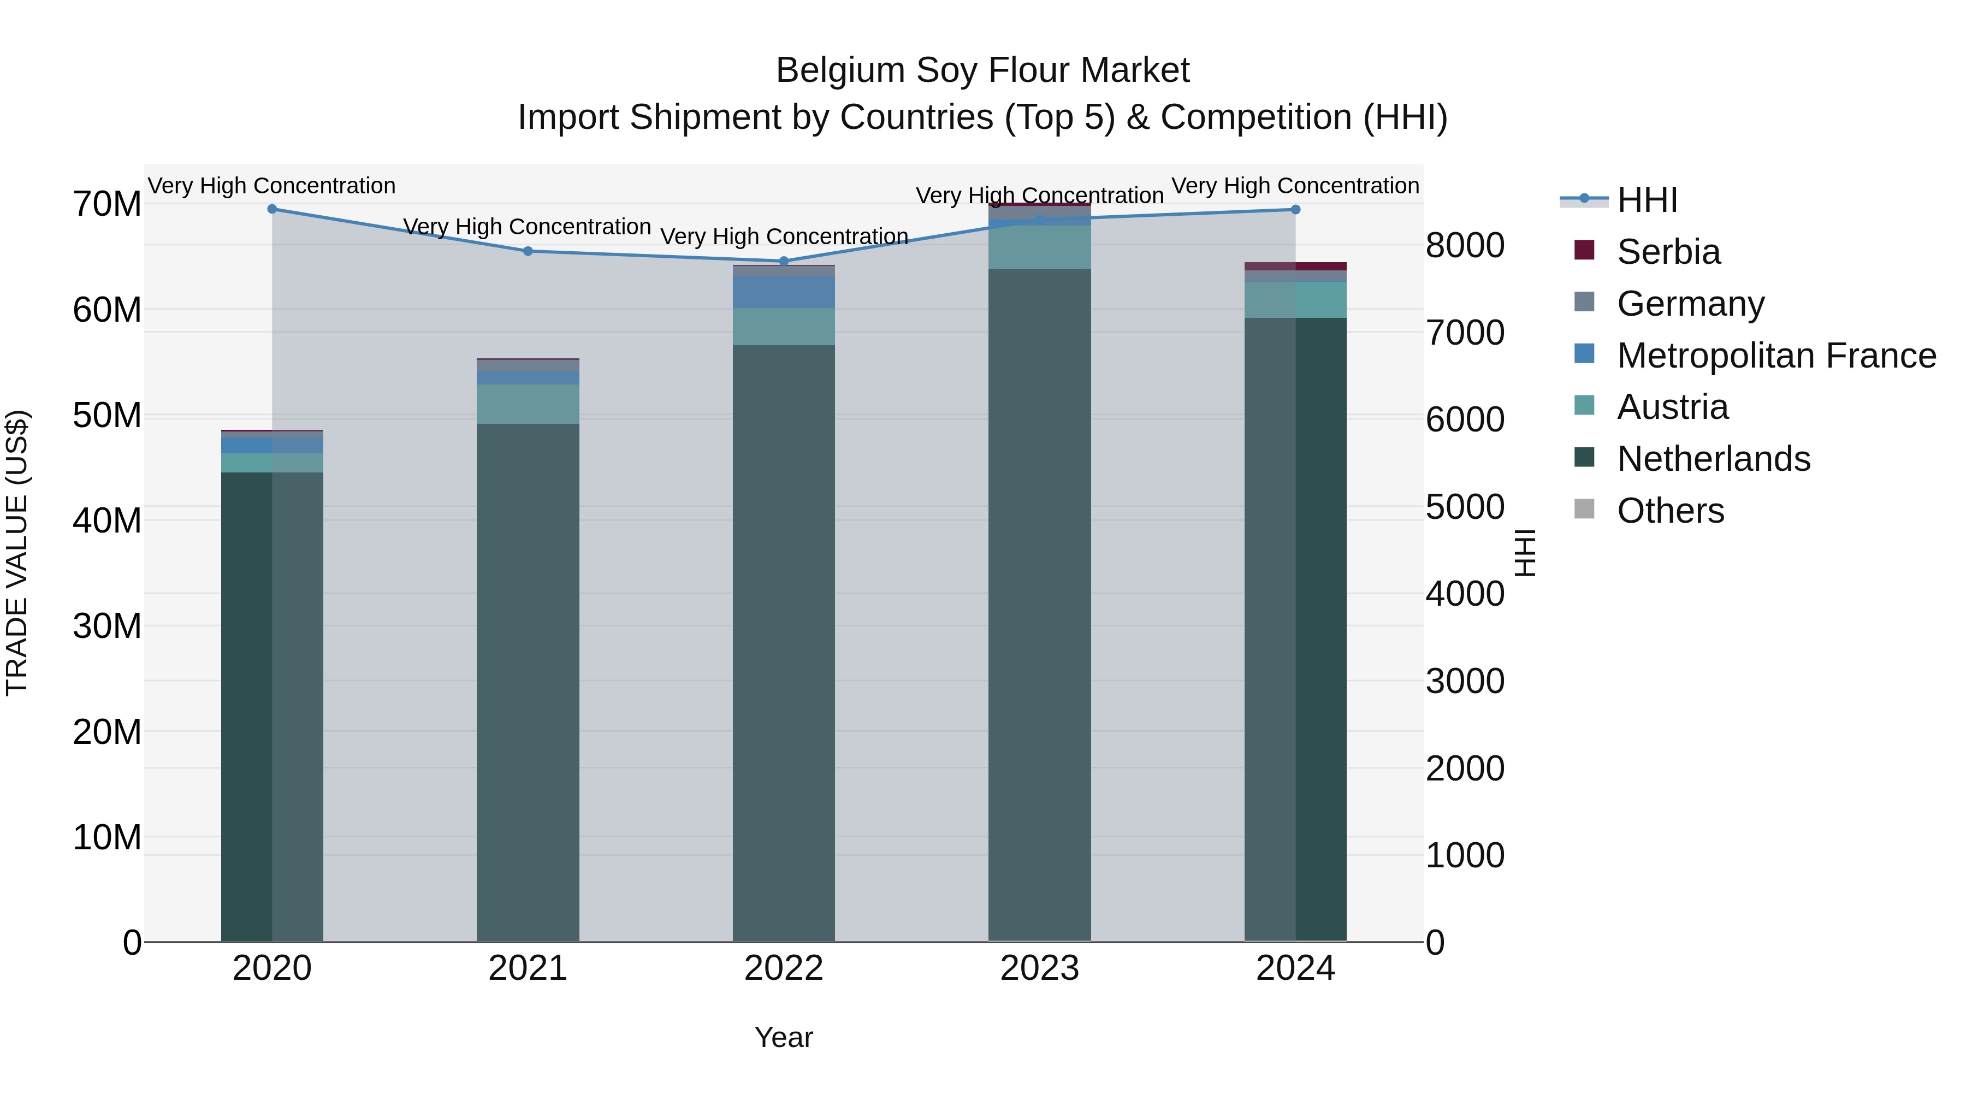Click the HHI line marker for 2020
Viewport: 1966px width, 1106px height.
click(x=272, y=209)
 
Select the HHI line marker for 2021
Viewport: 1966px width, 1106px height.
click(x=528, y=251)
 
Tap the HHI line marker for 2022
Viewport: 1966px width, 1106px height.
click(x=784, y=261)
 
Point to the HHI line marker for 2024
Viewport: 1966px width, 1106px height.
click(x=1295, y=210)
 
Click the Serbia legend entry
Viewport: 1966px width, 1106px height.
click(x=1668, y=252)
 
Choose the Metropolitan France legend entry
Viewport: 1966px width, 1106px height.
click(x=1776, y=356)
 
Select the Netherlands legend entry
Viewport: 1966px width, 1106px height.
click(x=1713, y=459)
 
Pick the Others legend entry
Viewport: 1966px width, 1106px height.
click(x=1670, y=511)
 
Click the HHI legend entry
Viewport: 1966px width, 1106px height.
click(x=1647, y=200)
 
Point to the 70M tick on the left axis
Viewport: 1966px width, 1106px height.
click(x=107, y=205)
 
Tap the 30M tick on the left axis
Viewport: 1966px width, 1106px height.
click(x=107, y=626)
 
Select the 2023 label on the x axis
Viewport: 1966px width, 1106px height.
click(x=1039, y=968)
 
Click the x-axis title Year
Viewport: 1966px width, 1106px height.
click(x=784, y=1037)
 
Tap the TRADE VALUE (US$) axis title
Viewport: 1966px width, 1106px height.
click(x=17, y=553)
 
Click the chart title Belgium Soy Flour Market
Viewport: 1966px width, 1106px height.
click(x=982, y=71)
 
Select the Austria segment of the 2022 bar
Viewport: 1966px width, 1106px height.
click(x=784, y=327)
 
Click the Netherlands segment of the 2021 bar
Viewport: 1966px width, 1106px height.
click(x=528, y=679)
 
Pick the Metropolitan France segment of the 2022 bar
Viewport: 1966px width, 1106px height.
click(x=784, y=292)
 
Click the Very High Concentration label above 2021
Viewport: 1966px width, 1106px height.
click(x=528, y=227)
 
